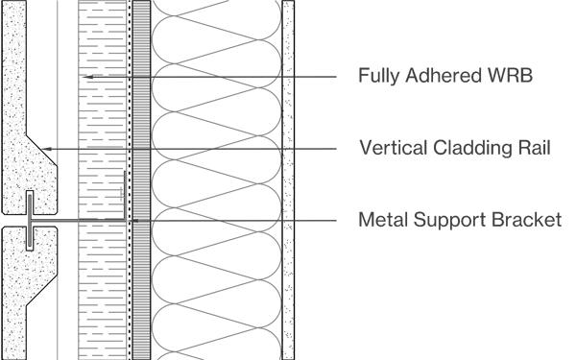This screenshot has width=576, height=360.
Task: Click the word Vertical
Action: click(x=387, y=149)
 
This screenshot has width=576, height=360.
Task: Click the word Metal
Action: click(x=381, y=221)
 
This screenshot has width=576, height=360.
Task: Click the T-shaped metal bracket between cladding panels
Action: click(x=31, y=217)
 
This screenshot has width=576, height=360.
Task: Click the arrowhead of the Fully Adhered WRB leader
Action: click(x=85, y=76)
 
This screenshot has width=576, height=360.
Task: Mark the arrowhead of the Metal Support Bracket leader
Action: click(x=136, y=221)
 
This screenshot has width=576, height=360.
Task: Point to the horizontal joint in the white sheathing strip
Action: click(x=141, y=150)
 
